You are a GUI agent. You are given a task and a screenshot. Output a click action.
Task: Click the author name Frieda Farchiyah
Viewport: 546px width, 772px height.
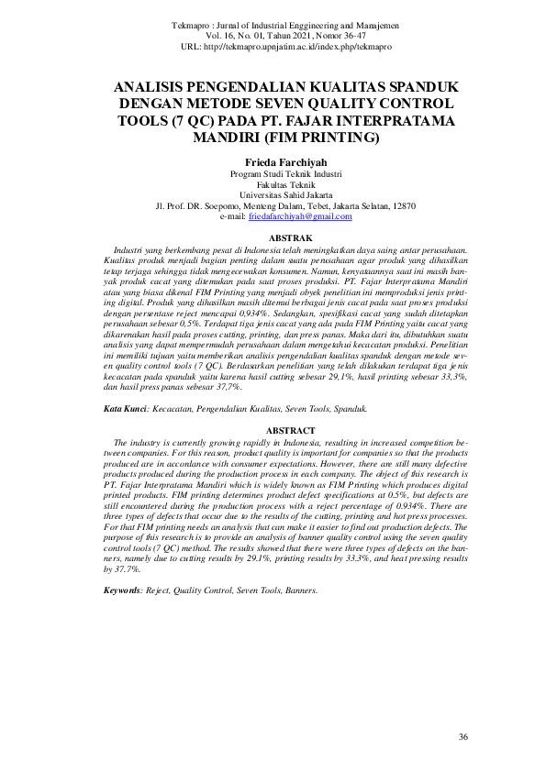[273, 160]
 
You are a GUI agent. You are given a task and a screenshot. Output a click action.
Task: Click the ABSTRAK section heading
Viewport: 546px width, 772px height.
[273, 238]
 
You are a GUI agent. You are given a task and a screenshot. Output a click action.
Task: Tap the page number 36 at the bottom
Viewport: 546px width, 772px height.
[463, 737]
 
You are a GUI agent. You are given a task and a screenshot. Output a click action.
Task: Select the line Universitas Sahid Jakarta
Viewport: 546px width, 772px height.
[273, 194]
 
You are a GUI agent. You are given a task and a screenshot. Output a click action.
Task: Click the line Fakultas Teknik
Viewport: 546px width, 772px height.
[273, 183]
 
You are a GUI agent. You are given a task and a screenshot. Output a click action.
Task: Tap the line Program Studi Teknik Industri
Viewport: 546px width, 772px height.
[273, 172]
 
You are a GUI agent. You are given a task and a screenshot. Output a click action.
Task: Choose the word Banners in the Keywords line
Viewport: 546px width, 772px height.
[297, 590]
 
